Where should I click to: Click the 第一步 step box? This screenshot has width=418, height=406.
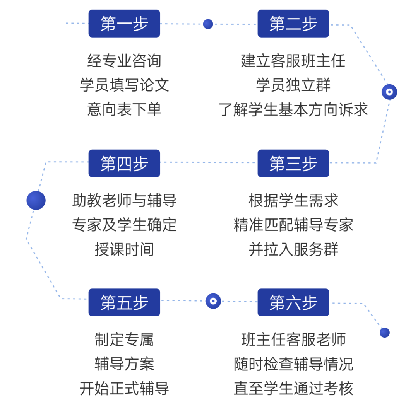pos(124,24)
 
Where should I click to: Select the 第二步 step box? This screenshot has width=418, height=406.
pos(293,24)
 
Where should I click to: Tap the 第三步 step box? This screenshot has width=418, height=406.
pos(293,163)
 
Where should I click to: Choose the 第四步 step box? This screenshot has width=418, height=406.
pos(124,163)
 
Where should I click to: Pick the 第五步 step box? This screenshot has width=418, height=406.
pos(124,302)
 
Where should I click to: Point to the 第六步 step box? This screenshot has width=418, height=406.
pos(293,302)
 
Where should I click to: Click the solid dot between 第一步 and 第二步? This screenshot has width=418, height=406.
pos(208,24)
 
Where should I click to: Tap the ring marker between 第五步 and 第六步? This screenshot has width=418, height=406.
pos(213,301)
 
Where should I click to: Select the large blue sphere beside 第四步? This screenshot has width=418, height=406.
pos(36,200)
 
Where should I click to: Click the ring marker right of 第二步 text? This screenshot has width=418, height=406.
pos(389,92)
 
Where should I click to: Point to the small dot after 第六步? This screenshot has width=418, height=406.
pos(384,333)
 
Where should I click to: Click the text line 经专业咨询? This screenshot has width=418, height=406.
pos(124,61)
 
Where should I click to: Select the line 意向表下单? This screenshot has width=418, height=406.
pos(124,109)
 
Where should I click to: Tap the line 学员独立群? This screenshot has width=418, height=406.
pos(293,85)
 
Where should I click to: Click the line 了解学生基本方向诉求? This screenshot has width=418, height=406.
pos(293,109)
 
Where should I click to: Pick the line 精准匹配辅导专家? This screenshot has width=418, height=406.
pos(293,225)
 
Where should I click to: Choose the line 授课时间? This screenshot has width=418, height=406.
pos(124,249)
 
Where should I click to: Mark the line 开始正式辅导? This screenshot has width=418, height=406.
pos(124,388)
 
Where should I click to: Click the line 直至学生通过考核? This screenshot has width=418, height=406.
pos(293,388)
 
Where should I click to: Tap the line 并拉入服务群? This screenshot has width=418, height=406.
pos(293,249)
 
